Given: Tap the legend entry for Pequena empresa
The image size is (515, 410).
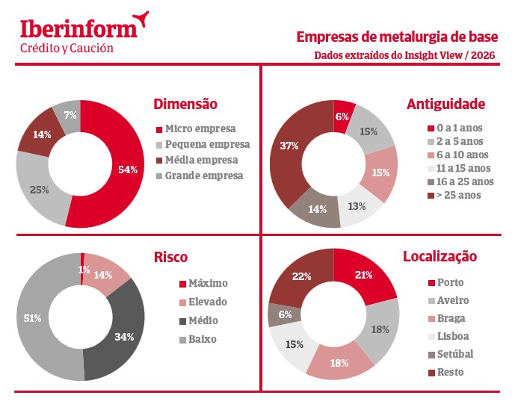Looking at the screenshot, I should tap(207, 144).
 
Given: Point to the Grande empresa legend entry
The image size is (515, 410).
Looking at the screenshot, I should tap(204, 176).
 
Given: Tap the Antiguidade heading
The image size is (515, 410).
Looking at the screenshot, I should tap(446, 105).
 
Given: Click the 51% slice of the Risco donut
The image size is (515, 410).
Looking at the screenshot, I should tap(34, 318).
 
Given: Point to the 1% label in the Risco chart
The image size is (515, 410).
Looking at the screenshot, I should tap(84, 270).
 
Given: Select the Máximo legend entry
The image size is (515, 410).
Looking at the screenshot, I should tap(208, 284).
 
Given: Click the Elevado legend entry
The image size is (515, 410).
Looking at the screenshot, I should tap(208, 302).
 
